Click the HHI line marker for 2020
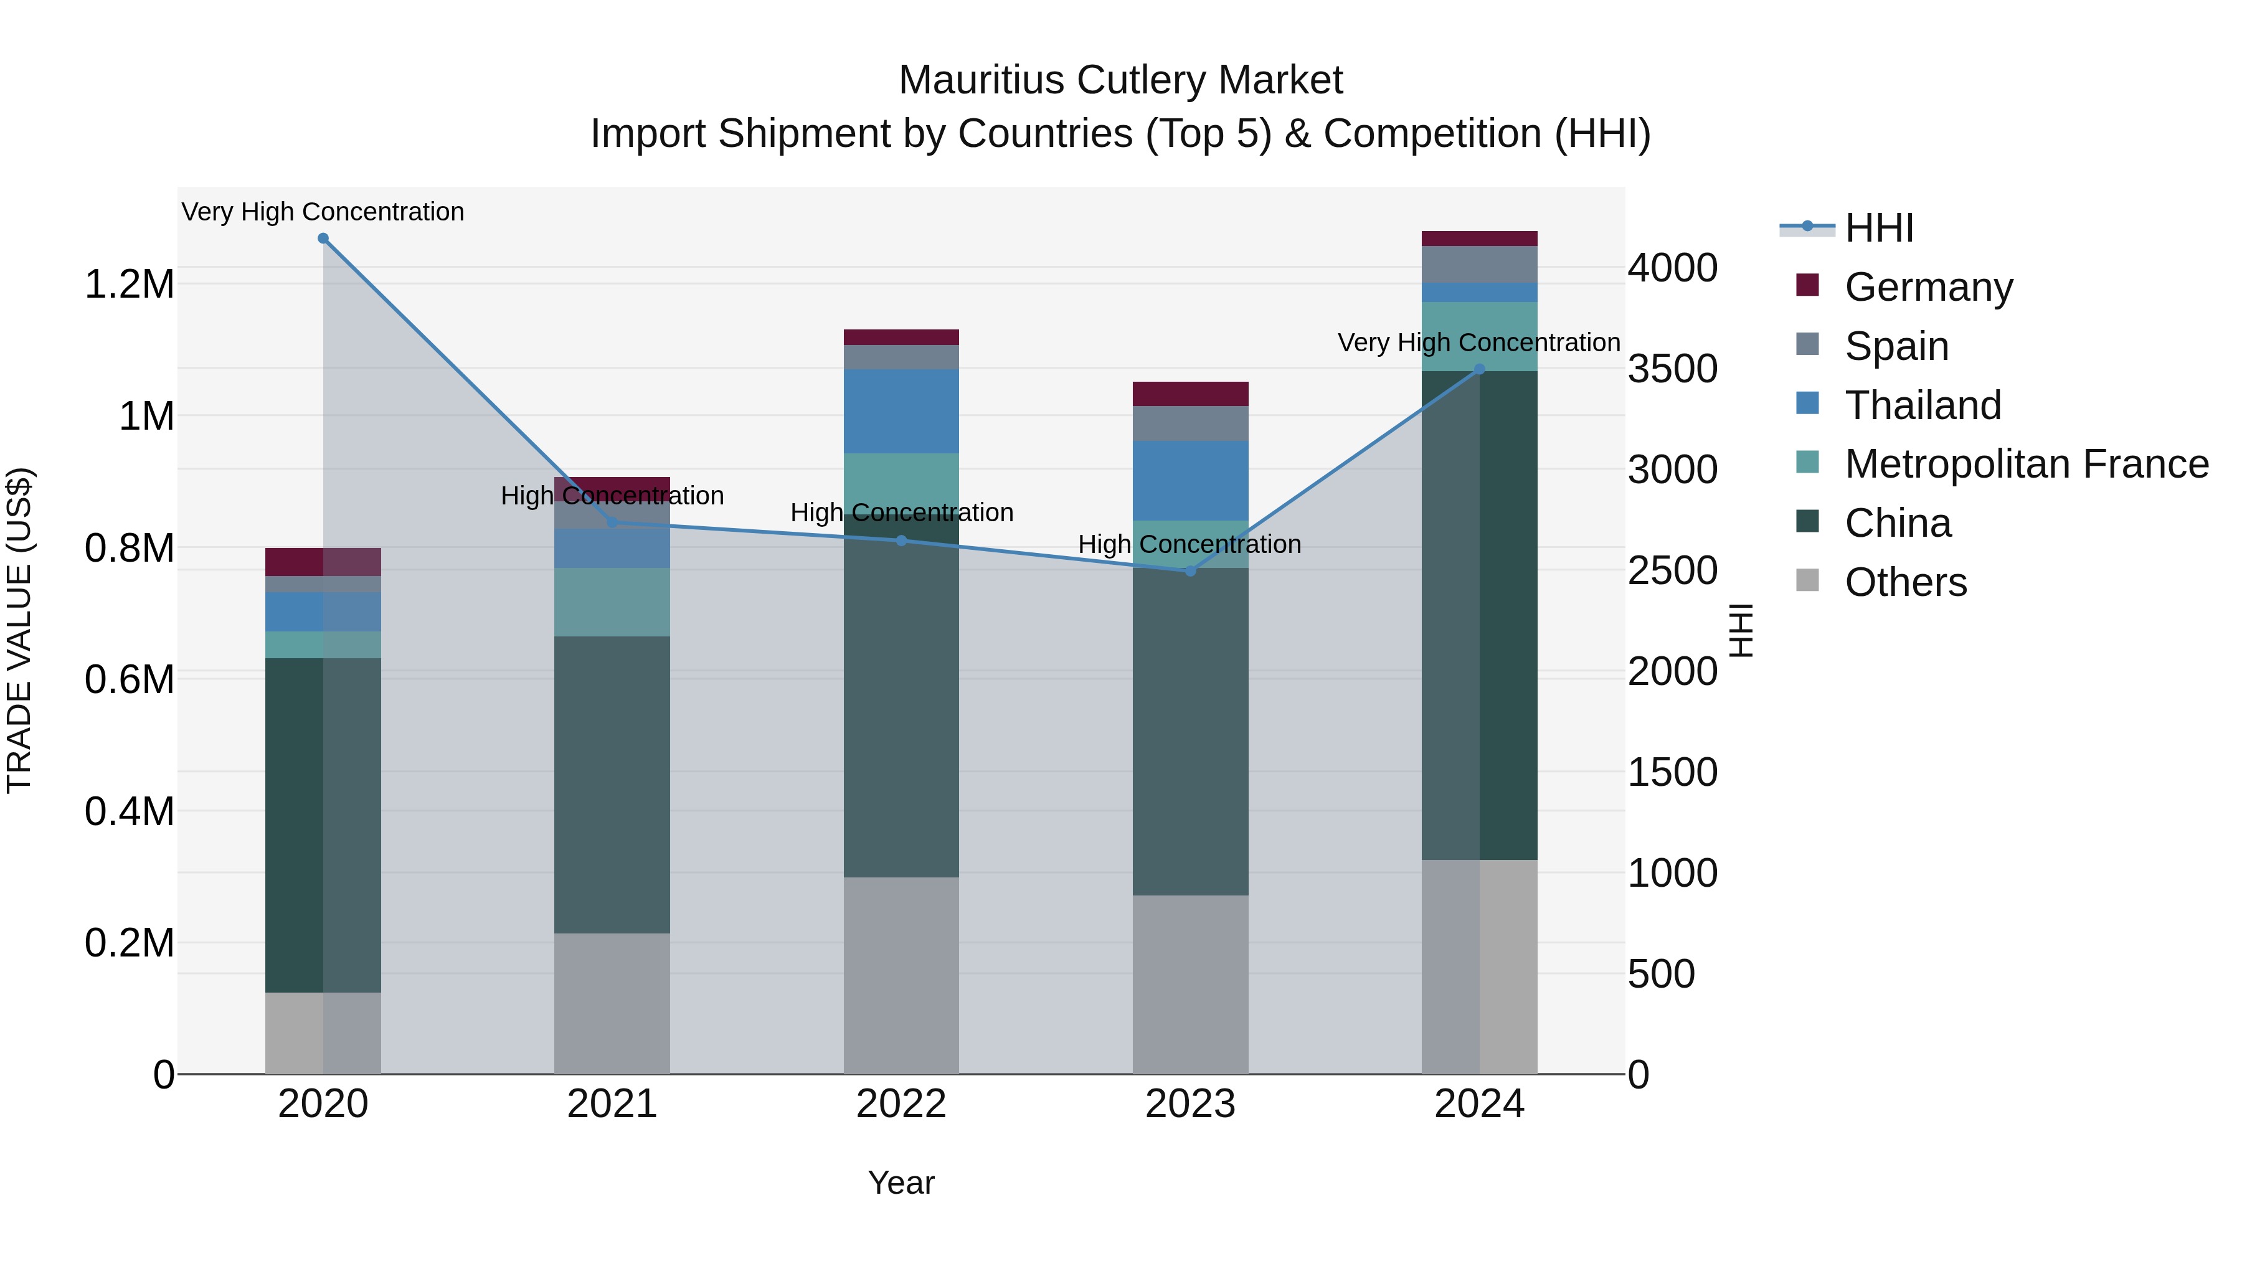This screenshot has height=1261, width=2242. (323, 239)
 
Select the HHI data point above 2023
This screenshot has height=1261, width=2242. (1191, 571)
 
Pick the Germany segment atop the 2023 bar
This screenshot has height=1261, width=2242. (1191, 394)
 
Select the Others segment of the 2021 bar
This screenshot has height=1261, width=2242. (612, 1003)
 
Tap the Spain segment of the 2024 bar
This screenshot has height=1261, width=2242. (1480, 265)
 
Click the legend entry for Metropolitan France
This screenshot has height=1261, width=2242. (2026, 464)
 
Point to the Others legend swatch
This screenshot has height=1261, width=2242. (1808, 580)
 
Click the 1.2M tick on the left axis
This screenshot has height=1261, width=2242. (129, 285)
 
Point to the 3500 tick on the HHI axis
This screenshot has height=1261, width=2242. (1673, 369)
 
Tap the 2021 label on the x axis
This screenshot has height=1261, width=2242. (612, 1104)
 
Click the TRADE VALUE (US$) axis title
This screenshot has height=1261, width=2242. (19, 630)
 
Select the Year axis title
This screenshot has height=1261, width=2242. (901, 1183)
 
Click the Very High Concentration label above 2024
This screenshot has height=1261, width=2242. (1478, 343)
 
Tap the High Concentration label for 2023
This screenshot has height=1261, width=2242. (1190, 545)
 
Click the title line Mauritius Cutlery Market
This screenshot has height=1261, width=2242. (1120, 80)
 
